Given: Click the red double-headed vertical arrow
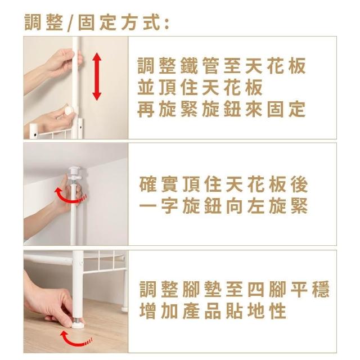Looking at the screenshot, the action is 97,76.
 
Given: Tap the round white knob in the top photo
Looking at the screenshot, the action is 68,111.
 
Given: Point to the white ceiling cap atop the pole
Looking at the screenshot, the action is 74,170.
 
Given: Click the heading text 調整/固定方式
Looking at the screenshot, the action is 96,22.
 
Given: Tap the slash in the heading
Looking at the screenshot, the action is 70,23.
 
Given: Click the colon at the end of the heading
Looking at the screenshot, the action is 167,24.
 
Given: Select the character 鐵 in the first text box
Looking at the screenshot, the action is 189,66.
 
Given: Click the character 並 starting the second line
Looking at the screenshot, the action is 146,88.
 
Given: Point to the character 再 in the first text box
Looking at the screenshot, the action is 146,109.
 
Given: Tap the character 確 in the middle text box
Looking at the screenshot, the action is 148,184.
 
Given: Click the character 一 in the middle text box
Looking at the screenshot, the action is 148,206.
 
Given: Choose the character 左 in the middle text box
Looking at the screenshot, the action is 256,206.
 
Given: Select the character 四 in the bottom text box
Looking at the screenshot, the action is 256,289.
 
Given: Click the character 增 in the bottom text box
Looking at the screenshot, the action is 148,311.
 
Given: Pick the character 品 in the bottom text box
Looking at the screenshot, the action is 213,311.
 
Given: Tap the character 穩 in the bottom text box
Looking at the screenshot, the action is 321,289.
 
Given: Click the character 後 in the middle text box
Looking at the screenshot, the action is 299,184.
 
